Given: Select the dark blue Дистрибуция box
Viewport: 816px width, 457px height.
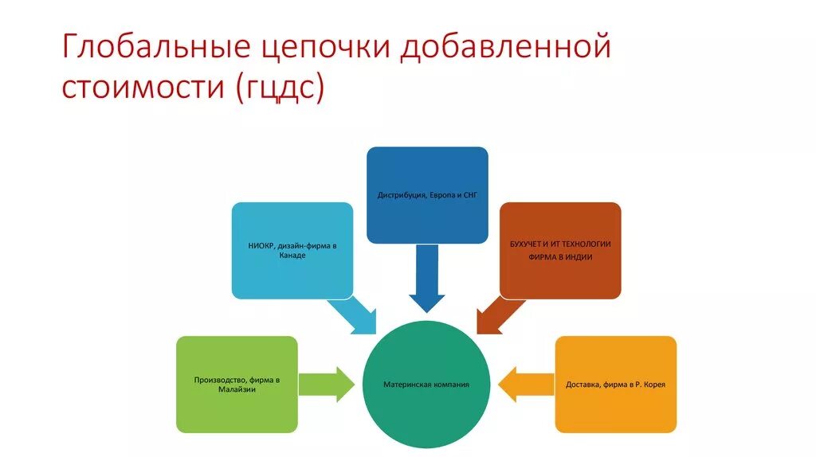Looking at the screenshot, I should pos(427,194).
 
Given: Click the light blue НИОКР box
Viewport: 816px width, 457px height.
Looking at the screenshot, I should pos(292,250).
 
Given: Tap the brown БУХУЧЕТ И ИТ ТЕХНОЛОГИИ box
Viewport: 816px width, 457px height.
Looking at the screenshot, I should pos(560,250).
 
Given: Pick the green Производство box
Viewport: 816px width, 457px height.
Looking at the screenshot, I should pos(237,384).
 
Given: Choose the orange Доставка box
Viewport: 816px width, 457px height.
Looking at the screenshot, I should pos(615,384).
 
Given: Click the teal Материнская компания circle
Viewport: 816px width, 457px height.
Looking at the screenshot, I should pos(426,385).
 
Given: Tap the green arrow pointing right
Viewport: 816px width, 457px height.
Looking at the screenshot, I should pos(328,384).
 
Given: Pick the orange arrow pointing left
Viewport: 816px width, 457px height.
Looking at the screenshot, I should pos(525,384).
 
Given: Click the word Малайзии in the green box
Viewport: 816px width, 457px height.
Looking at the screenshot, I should pos(237,389).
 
